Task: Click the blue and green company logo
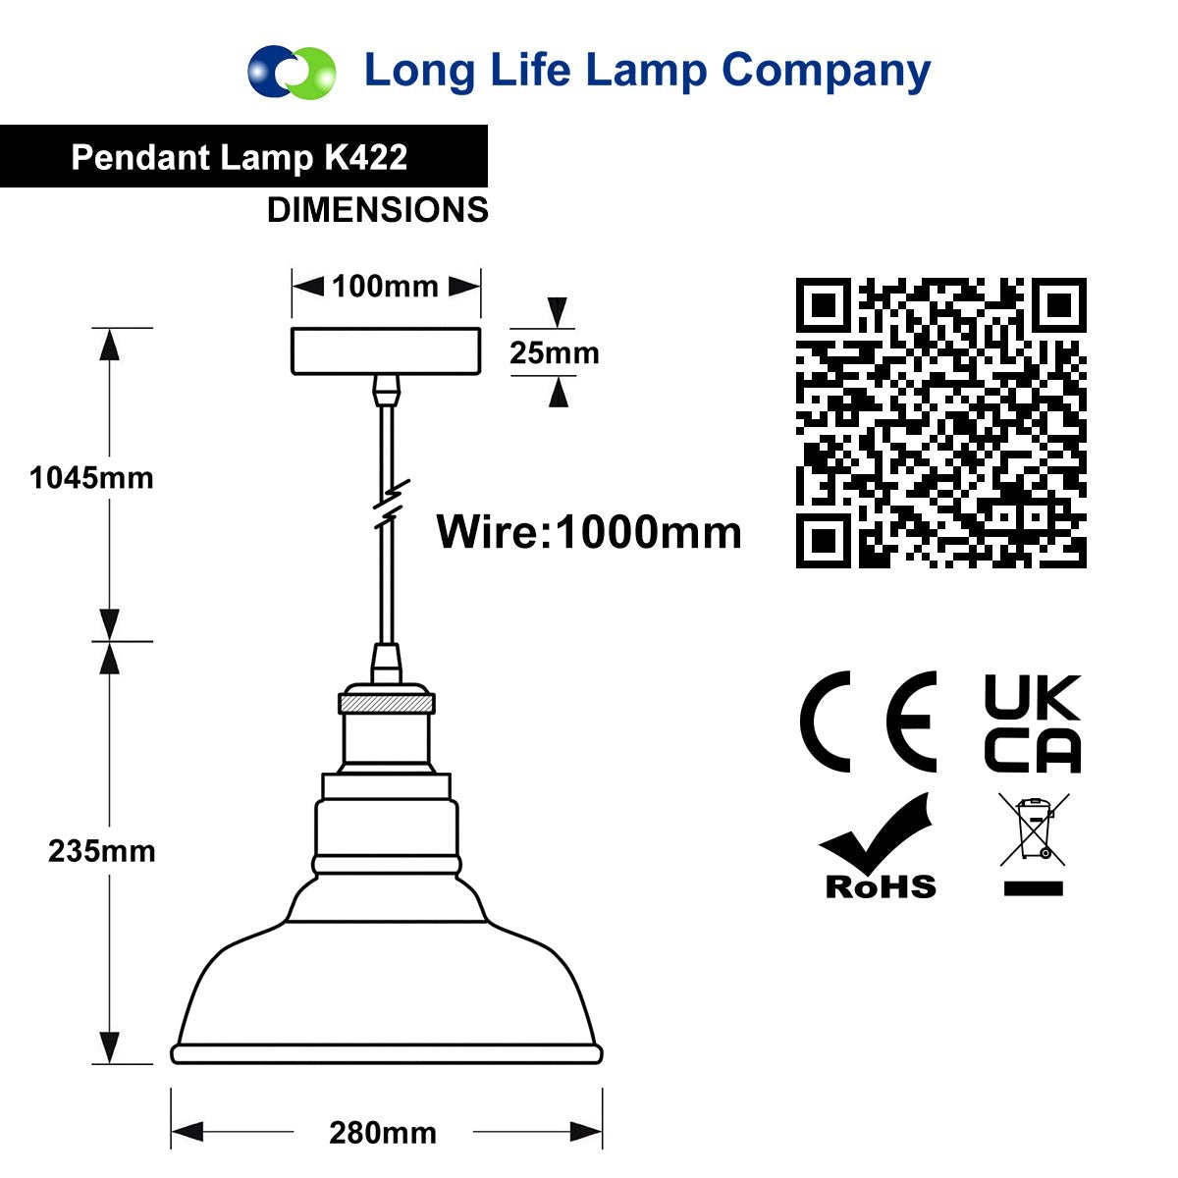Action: (292, 72)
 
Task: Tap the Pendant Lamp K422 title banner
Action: (243, 156)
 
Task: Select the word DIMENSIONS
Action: (378, 210)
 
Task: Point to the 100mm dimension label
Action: (385, 286)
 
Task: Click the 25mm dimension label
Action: (555, 352)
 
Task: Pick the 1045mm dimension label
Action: (91, 477)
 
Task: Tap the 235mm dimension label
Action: (101, 851)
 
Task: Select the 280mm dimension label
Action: (383, 1132)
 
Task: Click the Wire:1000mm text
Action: (589, 532)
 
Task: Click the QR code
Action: (940, 422)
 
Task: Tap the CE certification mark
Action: (868, 722)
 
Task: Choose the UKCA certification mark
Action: (1033, 723)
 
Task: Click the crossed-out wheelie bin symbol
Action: (1034, 844)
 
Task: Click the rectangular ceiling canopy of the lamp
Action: (386, 350)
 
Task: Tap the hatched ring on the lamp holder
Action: (387, 704)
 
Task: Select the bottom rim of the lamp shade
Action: (387, 1054)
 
